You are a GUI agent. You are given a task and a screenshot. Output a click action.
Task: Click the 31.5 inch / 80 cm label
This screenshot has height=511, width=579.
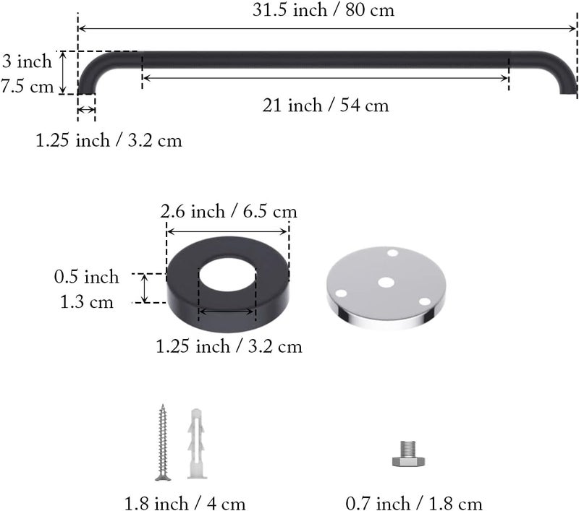(324, 10)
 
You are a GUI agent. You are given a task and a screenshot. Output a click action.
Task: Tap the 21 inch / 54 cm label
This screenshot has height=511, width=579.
(326, 106)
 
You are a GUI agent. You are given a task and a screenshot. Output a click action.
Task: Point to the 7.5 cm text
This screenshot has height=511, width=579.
(28, 87)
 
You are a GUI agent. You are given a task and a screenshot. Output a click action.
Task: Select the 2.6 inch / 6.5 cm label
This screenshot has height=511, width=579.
(229, 212)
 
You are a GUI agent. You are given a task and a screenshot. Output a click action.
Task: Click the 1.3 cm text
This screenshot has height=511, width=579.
(87, 302)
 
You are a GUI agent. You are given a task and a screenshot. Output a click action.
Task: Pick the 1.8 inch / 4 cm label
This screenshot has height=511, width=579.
(185, 504)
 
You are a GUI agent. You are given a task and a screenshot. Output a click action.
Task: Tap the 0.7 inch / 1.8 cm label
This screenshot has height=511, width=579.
(414, 504)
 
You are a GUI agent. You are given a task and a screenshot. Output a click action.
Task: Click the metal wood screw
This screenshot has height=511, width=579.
(162, 442)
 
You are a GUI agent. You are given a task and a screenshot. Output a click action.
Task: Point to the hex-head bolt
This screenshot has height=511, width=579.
(408, 454)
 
